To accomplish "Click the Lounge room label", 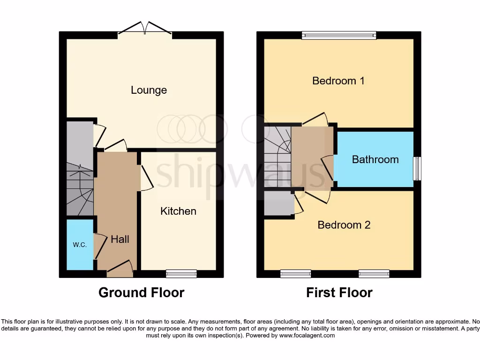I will click(149, 90).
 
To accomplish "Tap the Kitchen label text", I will click(178, 211).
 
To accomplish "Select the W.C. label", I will click(79, 245).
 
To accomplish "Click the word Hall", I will click(120, 240).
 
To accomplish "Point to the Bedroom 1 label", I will click(338, 81).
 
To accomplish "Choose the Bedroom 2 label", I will click(344, 225).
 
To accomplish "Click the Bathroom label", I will click(375, 160).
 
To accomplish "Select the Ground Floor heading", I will click(141, 293).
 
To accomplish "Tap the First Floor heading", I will click(339, 293).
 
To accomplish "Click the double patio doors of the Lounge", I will click(145, 29).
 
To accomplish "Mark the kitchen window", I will click(181, 273).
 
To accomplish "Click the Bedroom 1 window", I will click(339, 35).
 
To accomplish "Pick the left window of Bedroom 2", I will click(296, 273).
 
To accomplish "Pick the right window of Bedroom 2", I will click(374, 273).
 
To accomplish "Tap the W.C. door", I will click(99, 244).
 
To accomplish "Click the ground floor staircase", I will click(79, 187).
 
